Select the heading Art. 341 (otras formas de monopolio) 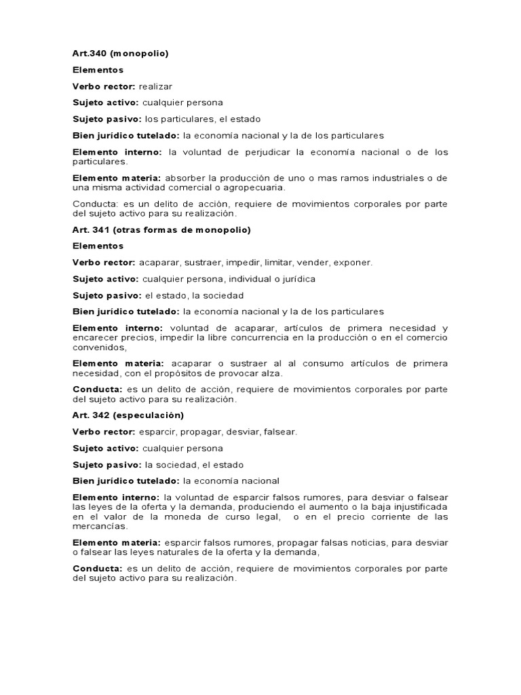pos(161,229)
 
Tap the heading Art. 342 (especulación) pos(128,414)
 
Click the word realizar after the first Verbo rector pos(157,86)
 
